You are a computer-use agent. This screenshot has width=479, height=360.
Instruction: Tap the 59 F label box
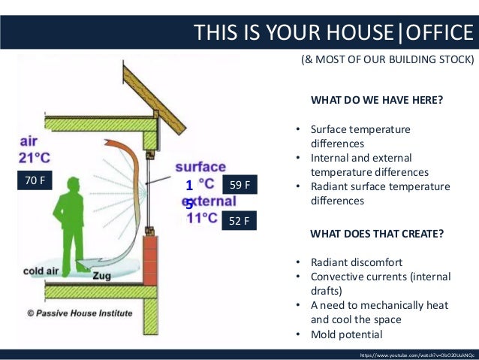(x=240, y=184)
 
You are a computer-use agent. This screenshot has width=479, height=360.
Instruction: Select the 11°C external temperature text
(x=202, y=219)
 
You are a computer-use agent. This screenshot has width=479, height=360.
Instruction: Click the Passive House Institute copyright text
(x=80, y=313)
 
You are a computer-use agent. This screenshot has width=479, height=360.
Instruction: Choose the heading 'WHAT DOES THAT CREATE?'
(x=376, y=234)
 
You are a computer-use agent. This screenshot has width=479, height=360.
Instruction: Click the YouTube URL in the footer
(x=417, y=353)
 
